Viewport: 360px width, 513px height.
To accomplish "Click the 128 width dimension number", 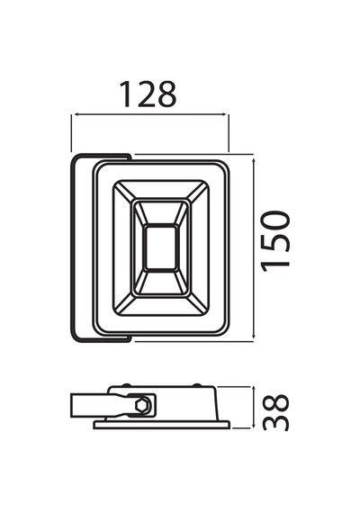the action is (x=148, y=94).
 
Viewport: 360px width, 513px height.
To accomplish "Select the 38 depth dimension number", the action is (x=275, y=412).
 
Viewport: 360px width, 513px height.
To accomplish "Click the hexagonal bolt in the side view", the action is (x=143, y=406).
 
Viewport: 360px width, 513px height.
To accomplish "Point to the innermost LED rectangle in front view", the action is (x=161, y=247).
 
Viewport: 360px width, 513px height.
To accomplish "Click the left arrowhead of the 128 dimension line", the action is (x=76, y=114).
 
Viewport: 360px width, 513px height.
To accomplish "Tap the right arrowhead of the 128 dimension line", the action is (x=223, y=114).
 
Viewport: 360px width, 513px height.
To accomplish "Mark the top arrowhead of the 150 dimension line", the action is (x=254, y=162).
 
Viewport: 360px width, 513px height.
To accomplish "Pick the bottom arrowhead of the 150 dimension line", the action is (x=254, y=335).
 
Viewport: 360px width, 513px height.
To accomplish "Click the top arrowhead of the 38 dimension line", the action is (x=254, y=390).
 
